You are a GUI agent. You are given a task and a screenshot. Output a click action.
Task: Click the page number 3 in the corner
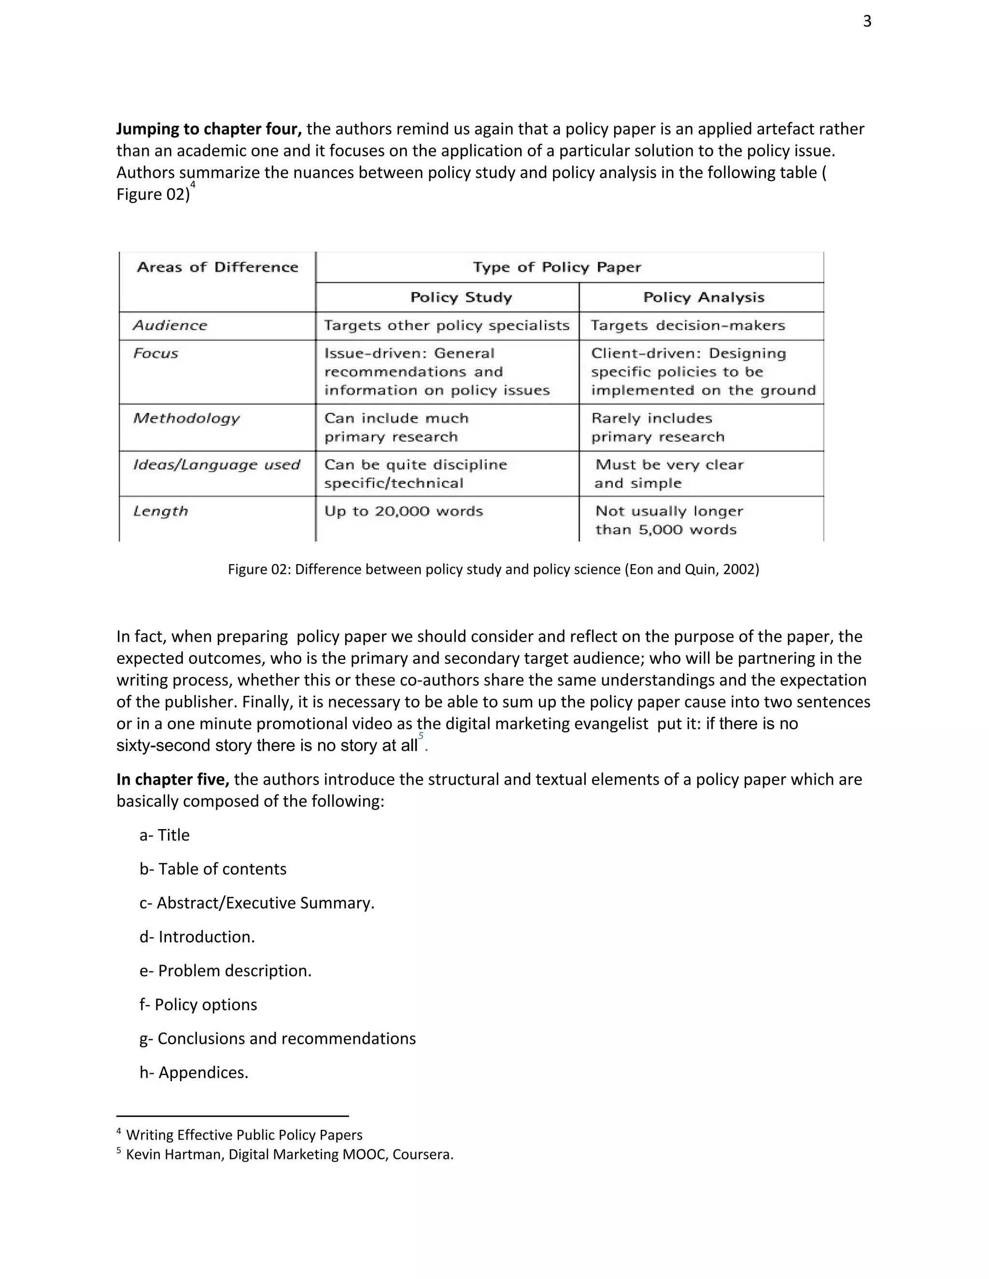(x=867, y=22)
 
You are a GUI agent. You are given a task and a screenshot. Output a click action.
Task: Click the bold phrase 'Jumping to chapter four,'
(x=209, y=129)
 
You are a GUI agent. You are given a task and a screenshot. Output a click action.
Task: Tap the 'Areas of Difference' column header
(x=217, y=268)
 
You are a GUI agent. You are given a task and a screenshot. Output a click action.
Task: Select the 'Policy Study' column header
(x=461, y=297)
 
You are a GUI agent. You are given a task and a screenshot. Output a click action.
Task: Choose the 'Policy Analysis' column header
(x=704, y=297)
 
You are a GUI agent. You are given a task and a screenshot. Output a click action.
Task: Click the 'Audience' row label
(x=170, y=326)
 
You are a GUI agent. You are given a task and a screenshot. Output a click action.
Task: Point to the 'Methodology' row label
(x=186, y=418)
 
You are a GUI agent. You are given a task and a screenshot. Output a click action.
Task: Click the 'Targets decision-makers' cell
(x=687, y=326)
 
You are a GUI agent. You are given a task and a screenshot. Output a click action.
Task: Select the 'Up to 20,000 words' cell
(x=404, y=511)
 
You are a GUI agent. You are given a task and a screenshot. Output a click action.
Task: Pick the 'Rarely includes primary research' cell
(x=657, y=428)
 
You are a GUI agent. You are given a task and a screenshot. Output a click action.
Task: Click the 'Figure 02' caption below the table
(x=494, y=569)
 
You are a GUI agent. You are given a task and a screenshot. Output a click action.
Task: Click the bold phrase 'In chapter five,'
(x=172, y=779)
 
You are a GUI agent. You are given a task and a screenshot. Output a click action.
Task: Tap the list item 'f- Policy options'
(x=198, y=1005)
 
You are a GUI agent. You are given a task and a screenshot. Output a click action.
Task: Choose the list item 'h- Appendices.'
(x=194, y=1073)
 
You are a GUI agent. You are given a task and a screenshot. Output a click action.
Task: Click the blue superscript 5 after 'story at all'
(x=421, y=737)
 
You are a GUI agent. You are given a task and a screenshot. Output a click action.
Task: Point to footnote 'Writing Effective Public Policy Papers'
(x=244, y=1135)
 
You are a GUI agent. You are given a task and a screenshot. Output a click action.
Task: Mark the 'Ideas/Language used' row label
(x=216, y=465)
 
